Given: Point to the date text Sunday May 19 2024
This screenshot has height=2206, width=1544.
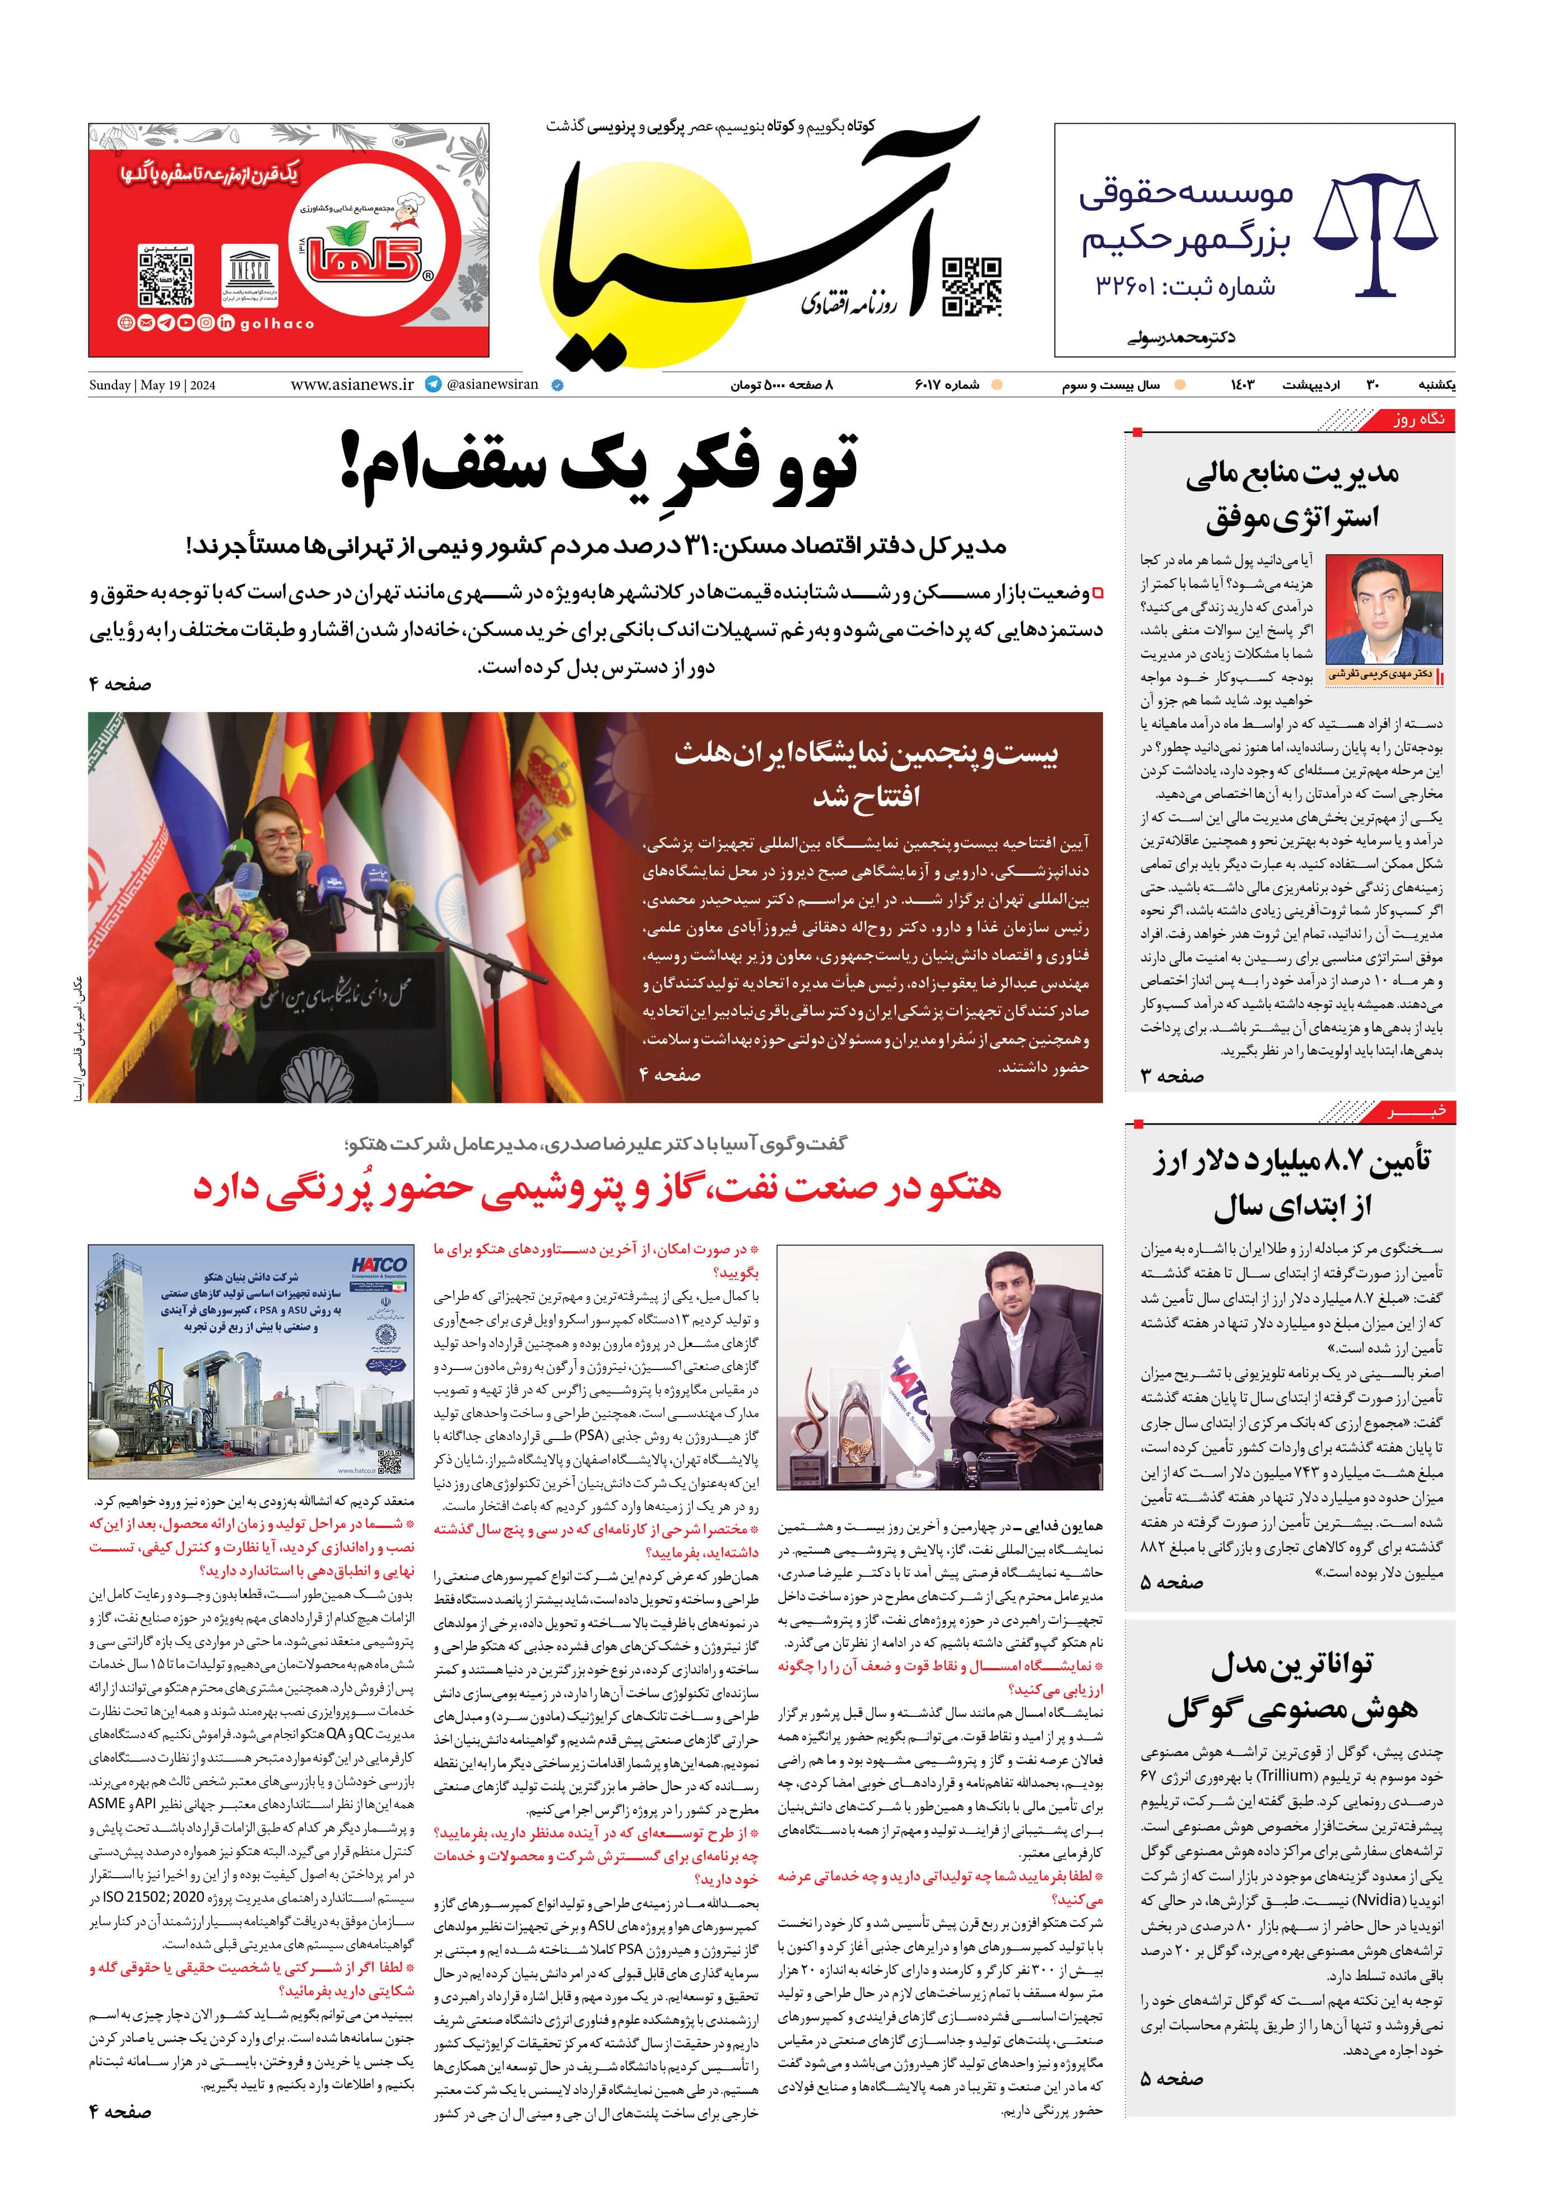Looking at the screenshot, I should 152,386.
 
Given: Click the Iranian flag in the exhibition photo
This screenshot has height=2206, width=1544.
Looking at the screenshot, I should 120,865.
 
